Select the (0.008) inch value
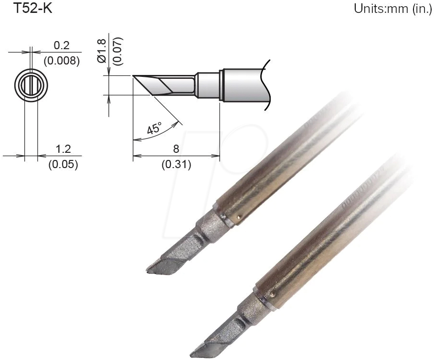(x=62, y=61)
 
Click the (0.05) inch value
(x=61, y=165)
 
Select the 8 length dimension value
(x=177, y=150)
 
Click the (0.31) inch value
(x=176, y=165)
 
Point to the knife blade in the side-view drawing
(x=160, y=85)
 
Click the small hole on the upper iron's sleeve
(x=239, y=219)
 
